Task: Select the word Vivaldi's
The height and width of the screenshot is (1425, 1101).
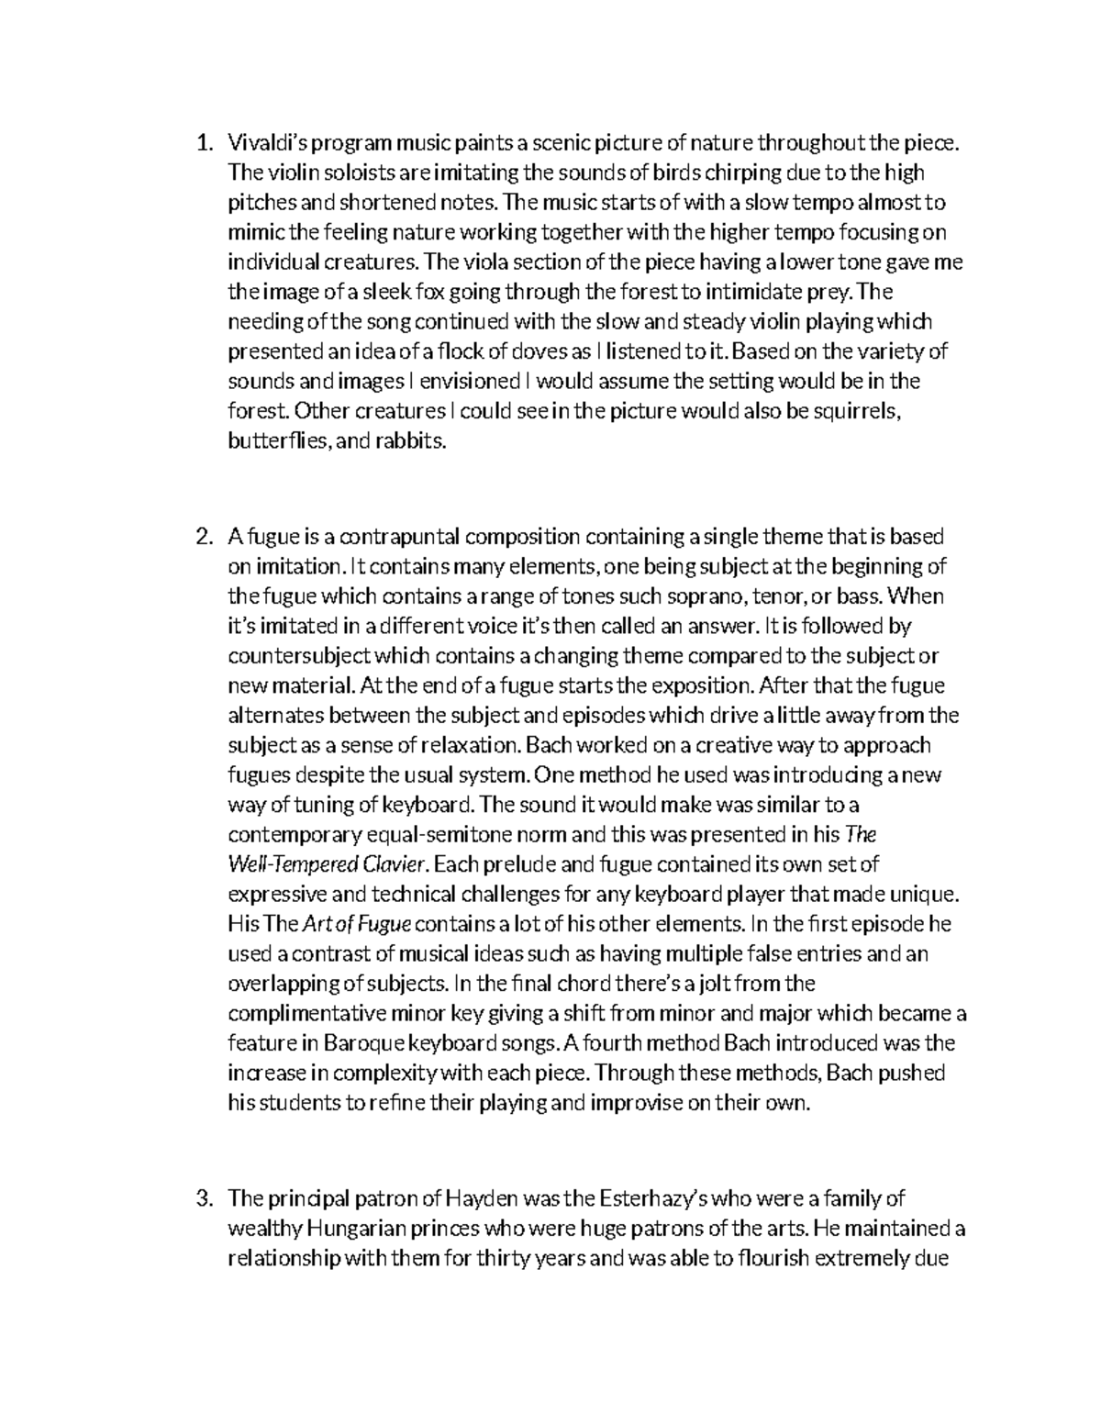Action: (263, 143)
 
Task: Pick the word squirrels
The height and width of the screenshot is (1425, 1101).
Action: (857, 412)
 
